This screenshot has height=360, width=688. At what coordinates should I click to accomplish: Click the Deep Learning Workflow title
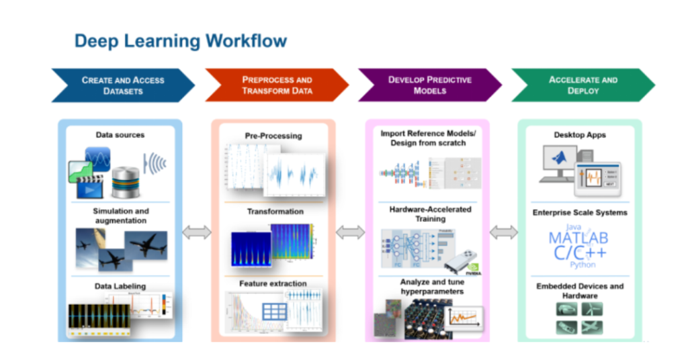180,40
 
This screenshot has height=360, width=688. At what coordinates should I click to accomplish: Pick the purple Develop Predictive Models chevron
429,85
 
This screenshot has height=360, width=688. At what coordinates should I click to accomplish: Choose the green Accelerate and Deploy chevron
583,85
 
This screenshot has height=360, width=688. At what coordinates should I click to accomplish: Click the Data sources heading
120,135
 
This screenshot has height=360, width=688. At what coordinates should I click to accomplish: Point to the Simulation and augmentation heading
120,216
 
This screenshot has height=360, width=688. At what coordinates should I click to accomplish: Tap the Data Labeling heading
120,286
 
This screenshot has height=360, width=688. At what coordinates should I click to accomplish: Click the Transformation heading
275,212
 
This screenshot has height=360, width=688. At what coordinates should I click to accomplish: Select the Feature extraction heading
273,284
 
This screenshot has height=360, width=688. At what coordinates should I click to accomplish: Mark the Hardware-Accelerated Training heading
430,214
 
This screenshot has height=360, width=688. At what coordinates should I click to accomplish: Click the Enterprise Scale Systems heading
580,213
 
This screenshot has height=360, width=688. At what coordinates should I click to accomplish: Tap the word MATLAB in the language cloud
578,238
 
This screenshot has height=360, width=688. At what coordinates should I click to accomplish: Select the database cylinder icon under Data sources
125,181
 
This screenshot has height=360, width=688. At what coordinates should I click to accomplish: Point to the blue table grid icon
273,312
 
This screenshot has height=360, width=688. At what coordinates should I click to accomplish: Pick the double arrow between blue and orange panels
196,232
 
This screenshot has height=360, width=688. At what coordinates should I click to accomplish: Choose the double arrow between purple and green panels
503,232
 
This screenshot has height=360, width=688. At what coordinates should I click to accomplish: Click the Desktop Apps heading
579,135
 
